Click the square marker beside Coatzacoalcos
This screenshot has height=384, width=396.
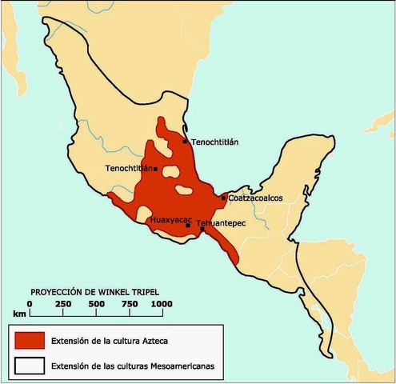pyautogui.click(x=224, y=198)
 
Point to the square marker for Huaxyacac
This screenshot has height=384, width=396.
pyautogui.click(x=188, y=226)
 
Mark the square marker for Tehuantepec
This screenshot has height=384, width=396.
pyautogui.click(x=202, y=229)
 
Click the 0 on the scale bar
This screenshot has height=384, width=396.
pyautogui.click(x=30, y=303)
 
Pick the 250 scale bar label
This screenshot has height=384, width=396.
pyautogui.click(x=63, y=303)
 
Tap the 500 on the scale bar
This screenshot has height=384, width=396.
pyautogui.click(x=95, y=303)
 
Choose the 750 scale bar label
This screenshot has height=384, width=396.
pyautogui.click(x=128, y=303)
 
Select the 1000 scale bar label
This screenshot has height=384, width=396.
pyautogui.click(x=162, y=303)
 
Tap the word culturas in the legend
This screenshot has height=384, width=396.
pyautogui.click(x=136, y=366)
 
